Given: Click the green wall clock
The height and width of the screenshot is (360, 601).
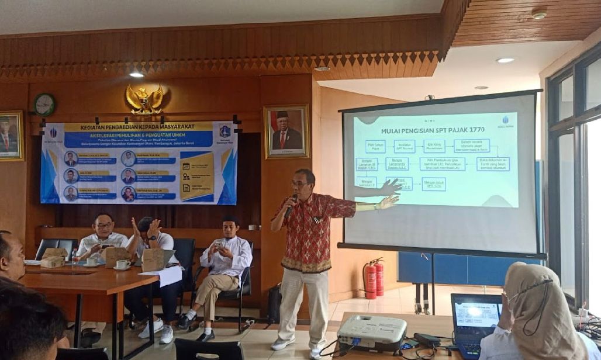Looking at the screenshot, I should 44,104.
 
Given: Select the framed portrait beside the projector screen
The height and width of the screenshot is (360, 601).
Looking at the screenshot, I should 286,131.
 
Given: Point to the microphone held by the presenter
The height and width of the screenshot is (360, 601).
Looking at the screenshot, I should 291,205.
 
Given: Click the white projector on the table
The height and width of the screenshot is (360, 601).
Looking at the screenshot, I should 372,332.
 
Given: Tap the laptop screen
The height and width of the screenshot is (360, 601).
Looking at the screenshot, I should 476,314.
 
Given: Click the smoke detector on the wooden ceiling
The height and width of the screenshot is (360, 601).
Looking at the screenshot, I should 539,13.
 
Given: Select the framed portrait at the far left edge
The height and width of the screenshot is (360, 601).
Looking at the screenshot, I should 11,136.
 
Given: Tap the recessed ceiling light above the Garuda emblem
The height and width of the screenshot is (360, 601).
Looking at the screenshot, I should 136,75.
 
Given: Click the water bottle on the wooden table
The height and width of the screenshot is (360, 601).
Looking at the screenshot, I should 75,256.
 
